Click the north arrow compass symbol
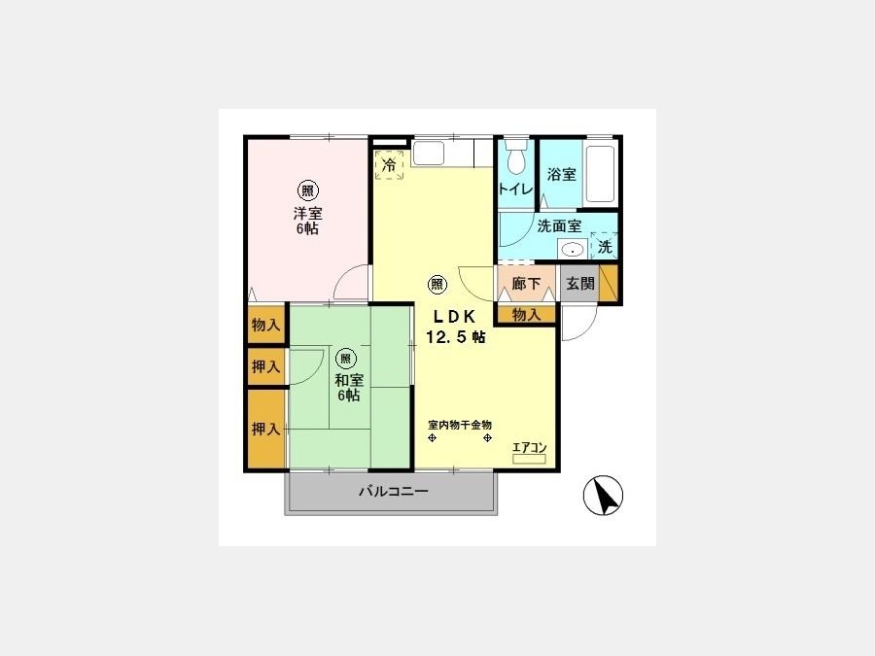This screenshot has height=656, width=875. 603,495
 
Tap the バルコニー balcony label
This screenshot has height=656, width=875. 393,492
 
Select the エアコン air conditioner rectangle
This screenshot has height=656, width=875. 529,459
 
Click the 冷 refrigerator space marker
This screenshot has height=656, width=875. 389,165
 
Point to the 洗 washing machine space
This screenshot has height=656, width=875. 605,246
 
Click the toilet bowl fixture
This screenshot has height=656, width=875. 515,156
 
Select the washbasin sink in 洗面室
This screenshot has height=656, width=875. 573,250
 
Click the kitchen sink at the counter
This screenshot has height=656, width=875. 428,153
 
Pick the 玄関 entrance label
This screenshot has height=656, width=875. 579,284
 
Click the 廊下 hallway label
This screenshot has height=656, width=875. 526,284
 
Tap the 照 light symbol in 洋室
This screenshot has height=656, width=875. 307,191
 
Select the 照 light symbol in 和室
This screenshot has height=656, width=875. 346,358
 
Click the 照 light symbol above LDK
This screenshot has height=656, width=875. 437,285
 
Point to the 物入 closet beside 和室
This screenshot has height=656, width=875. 265,324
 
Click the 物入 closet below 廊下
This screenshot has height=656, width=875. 526,315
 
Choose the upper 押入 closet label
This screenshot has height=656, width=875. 265,366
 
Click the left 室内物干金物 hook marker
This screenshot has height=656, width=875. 432,438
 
